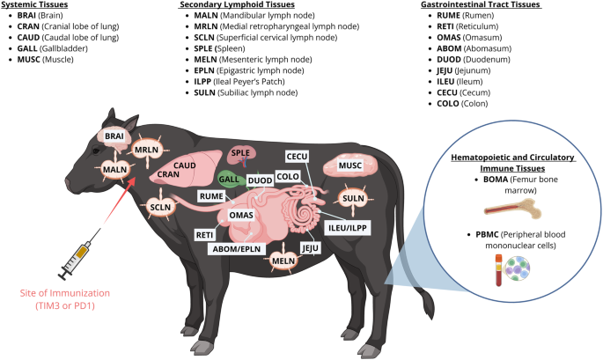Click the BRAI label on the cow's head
114,136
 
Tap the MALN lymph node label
114,170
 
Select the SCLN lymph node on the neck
160,208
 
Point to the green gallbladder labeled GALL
228,180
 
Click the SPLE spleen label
240,152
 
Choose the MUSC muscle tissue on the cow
350,165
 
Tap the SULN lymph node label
353,198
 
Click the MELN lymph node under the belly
283,261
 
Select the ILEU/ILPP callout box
347,228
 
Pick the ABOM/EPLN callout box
237,249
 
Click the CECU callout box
297,157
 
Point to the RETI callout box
204,235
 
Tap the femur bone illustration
512,209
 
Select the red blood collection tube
498,270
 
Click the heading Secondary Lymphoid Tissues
237,4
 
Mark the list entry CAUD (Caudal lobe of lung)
68,37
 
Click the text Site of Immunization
65,293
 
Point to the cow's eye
96,151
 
